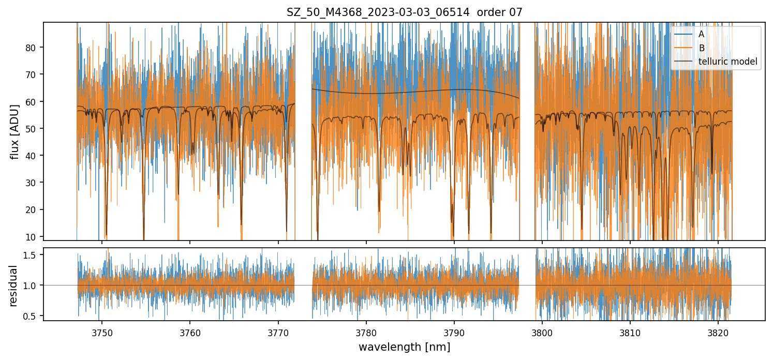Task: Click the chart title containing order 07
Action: click(404, 12)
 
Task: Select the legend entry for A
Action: click(701, 34)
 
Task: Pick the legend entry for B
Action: click(701, 48)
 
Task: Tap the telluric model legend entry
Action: click(727, 62)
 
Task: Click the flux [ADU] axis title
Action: click(15, 131)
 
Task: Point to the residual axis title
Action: click(13, 286)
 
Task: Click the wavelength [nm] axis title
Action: click(404, 347)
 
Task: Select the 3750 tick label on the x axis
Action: click(102, 332)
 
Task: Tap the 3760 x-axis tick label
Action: click(190, 332)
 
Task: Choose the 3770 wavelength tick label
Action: click(278, 332)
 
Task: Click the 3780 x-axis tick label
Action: click(366, 332)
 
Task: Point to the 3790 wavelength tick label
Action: click(454, 332)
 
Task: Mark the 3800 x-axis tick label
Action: click(542, 332)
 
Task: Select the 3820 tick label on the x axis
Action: click(718, 332)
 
